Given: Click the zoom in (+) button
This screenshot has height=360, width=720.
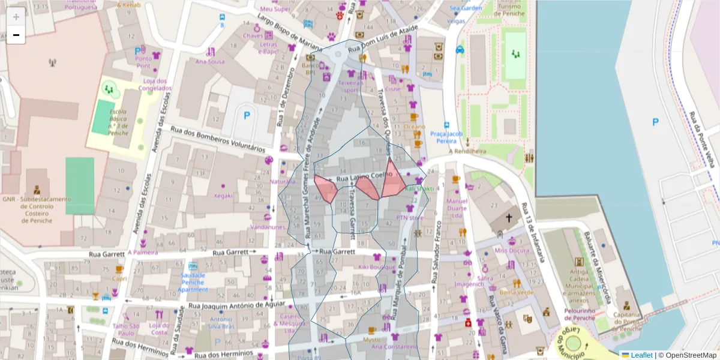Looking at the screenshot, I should [x=16, y=17].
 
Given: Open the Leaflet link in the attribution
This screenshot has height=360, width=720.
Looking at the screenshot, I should [x=641, y=355].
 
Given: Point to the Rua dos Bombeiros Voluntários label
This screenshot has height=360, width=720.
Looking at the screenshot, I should [x=218, y=139].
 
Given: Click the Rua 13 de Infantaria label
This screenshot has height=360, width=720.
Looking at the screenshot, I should [x=532, y=231].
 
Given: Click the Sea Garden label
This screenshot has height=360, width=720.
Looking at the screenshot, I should [x=466, y=8].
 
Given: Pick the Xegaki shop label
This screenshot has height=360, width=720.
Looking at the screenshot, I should [x=223, y=195].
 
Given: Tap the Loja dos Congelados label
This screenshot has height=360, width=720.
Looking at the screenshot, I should [x=154, y=85].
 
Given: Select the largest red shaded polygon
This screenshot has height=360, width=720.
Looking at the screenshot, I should [x=393, y=181].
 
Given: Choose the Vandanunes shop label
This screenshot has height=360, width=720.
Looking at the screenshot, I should [x=268, y=227].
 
